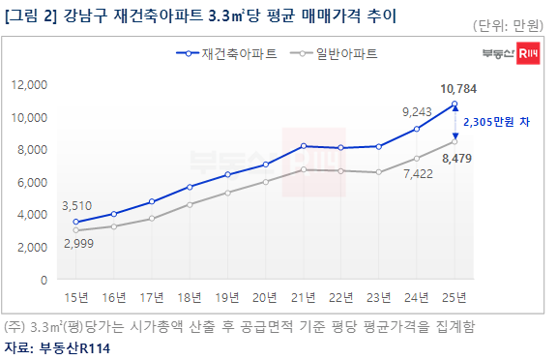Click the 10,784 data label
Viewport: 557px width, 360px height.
458,89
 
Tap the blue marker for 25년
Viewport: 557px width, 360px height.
454,105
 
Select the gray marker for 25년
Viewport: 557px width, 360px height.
454,142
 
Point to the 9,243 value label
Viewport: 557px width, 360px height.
417,112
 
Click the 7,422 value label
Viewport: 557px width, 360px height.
418,174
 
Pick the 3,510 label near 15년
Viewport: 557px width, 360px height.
76,206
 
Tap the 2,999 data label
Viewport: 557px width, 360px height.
78,244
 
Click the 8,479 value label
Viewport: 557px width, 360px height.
456,158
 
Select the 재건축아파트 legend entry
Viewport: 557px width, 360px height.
226,53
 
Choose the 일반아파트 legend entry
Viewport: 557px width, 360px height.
334,53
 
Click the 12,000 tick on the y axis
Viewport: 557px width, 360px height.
29,85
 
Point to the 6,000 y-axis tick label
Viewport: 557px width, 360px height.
32,182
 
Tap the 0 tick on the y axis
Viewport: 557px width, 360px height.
44,280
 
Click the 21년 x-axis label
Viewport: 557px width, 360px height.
303,297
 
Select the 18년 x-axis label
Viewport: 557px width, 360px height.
190,297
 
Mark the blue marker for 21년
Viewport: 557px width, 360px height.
304,146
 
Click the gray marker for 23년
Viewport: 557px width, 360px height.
379,172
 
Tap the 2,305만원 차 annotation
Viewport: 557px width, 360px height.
496,122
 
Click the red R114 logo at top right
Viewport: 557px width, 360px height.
528,53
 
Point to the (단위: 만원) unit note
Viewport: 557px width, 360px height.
508,25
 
